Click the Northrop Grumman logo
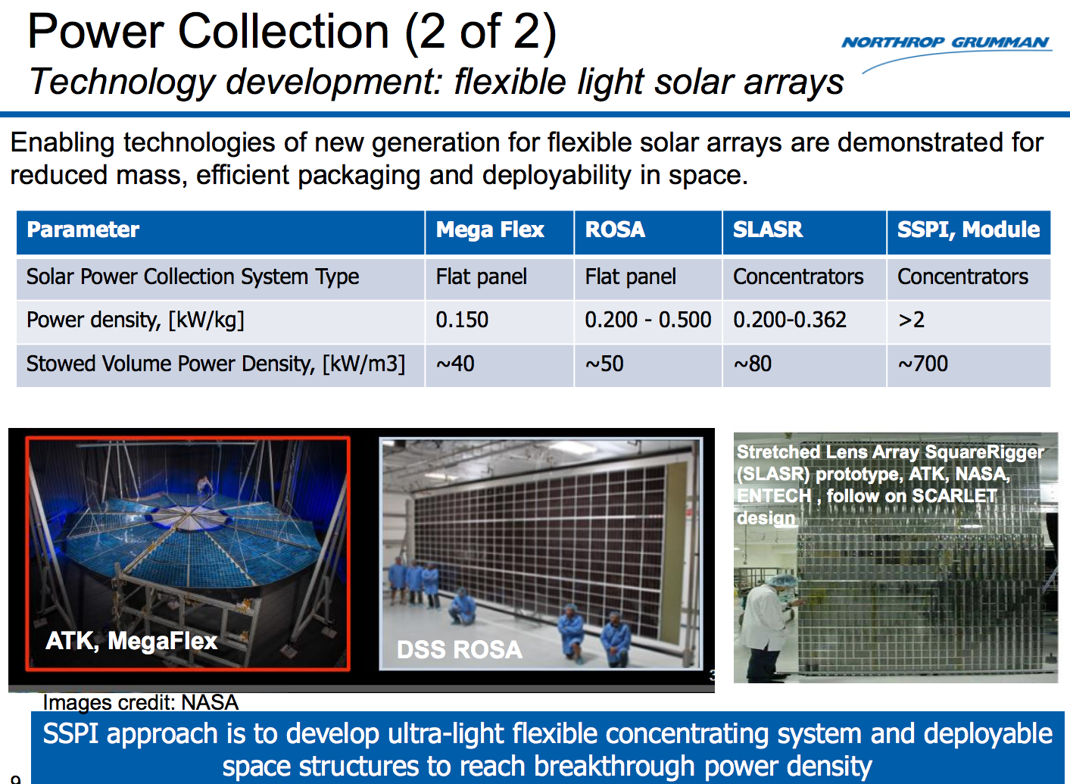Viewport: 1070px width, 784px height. tap(946, 43)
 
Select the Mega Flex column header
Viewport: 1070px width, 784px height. tap(490, 230)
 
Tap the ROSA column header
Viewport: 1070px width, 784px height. tap(615, 230)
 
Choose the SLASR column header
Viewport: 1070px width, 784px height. tap(767, 230)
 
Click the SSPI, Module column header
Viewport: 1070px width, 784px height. tap(968, 230)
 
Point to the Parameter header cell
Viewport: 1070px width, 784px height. tap(83, 230)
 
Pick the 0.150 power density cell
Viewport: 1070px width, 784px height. tap(462, 320)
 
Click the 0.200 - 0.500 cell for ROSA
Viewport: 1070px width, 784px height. tap(647, 320)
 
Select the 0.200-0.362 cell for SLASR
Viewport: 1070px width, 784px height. tap(790, 320)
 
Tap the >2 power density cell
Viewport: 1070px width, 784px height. tap(911, 320)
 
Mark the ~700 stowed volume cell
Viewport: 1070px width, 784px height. tap(922, 364)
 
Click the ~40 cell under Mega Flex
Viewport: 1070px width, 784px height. tap(455, 364)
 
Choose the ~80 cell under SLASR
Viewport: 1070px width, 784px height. tap(753, 364)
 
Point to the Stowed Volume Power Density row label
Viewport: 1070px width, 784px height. tap(216, 364)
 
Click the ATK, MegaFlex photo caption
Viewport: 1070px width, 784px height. tap(131, 641)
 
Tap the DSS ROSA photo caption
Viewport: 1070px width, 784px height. tap(459, 650)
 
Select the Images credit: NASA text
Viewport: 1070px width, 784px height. tap(140, 702)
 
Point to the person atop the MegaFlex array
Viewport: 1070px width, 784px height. tap(203, 485)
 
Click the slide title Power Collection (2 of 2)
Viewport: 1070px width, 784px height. tap(292, 32)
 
